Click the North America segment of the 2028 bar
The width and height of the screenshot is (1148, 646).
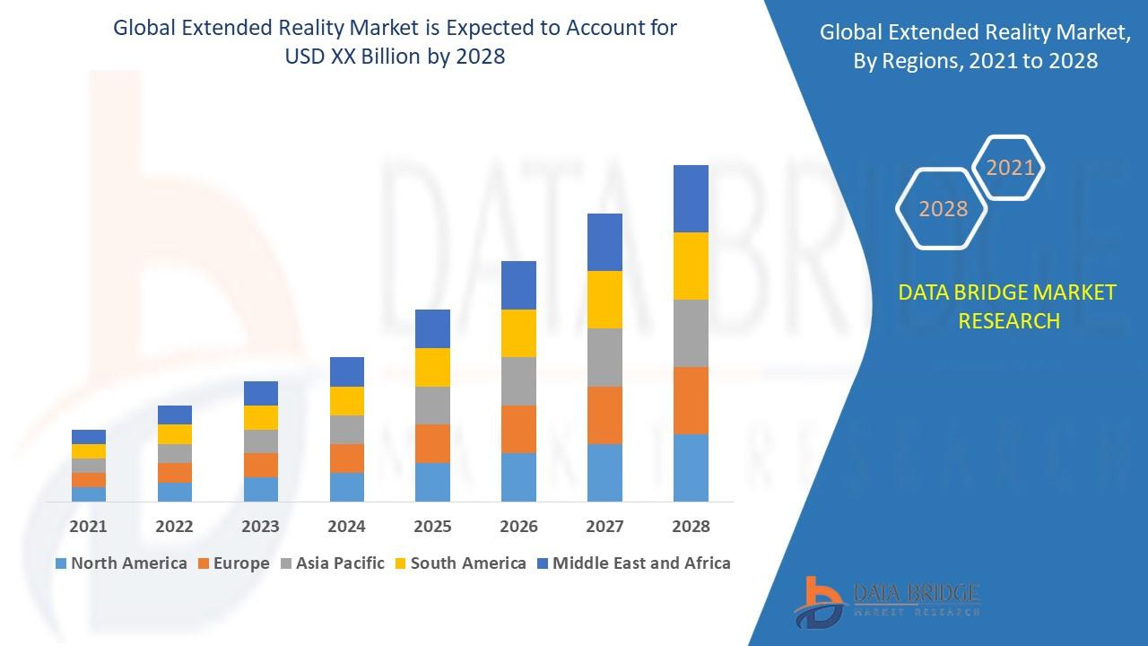(x=691, y=467)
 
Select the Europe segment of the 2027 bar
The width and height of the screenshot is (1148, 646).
(x=604, y=415)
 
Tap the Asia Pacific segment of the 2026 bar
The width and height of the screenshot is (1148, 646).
(x=518, y=381)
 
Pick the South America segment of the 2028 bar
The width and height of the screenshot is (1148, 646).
(x=691, y=266)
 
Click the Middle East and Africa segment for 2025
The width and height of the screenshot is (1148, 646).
(x=432, y=328)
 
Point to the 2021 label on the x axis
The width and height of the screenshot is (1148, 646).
(x=89, y=527)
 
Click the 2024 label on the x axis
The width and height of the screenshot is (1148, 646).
(x=346, y=527)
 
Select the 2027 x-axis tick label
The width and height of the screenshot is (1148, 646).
(x=604, y=527)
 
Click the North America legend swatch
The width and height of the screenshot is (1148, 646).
(x=61, y=563)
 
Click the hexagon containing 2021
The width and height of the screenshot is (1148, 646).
(x=1010, y=168)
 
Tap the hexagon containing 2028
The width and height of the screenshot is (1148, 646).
(x=943, y=209)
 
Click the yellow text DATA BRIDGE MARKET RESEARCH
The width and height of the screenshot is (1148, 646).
(x=1008, y=306)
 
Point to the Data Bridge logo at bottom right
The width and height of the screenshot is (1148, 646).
(x=886, y=600)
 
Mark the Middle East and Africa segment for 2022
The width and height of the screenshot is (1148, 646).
(x=175, y=415)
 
